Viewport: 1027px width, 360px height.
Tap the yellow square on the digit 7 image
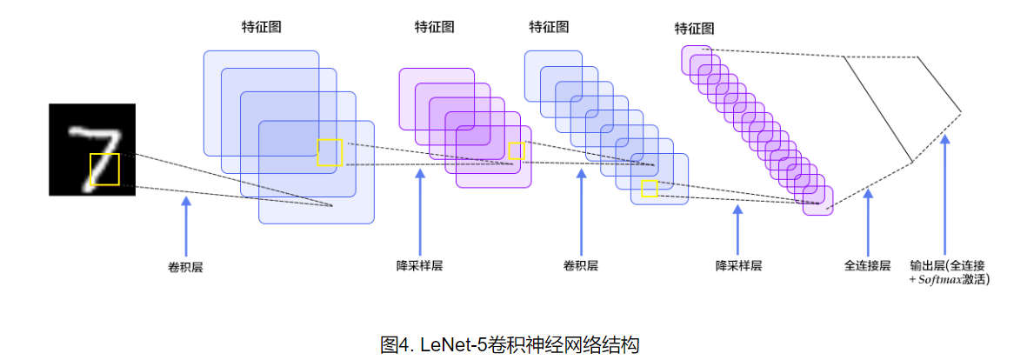(104, 169)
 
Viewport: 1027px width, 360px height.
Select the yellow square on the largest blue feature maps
(330, 152)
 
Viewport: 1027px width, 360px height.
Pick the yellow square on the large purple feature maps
(517, 150)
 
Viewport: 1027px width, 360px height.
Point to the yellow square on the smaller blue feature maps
(650, 190)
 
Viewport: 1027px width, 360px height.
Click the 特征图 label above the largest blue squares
(261, 27)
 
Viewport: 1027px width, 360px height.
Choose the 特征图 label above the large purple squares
(434, 27)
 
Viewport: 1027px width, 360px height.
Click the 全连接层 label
(867, 265)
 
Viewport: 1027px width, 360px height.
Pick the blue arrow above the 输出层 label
(946, 191)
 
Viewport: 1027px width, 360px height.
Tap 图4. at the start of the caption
(397, 344)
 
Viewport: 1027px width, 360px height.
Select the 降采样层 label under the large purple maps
(419, 265)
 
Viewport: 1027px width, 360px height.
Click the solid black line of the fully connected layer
(878, 109)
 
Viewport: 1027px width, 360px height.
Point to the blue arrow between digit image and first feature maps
(185, 226)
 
